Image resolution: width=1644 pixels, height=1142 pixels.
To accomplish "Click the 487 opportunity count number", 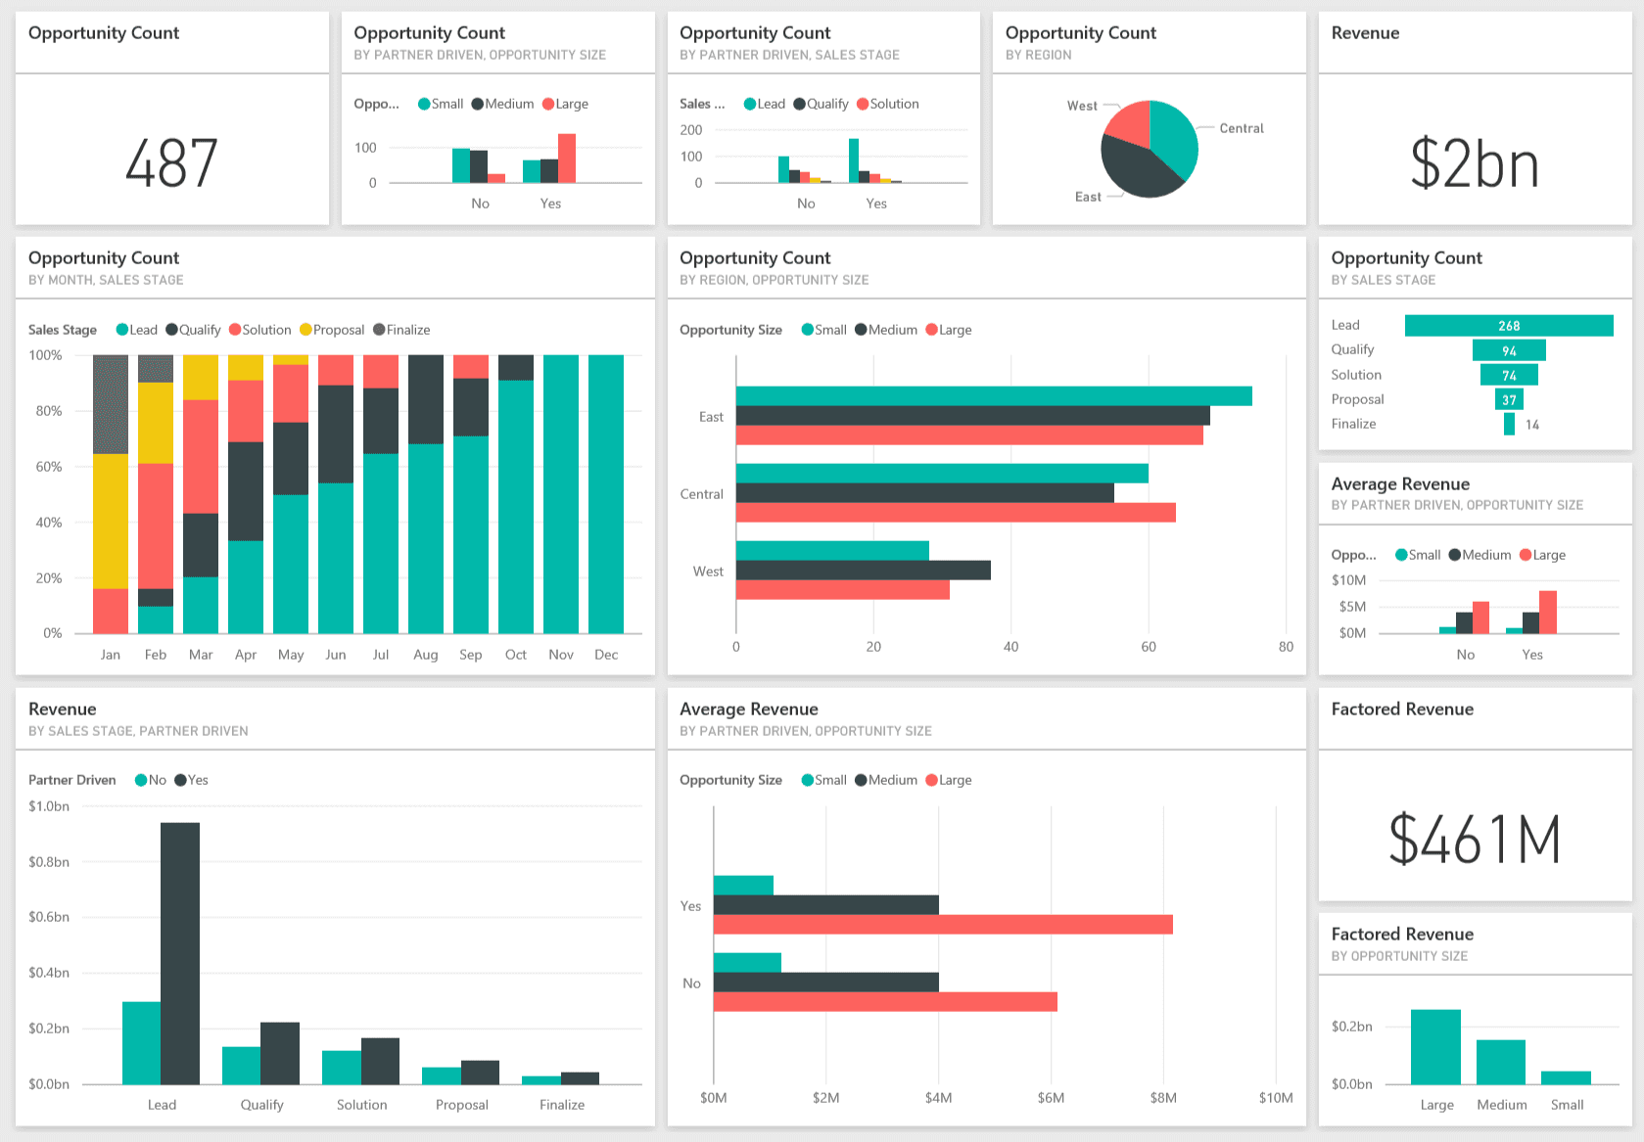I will tap(171, 163).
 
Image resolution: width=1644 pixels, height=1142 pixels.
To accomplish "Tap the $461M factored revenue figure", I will tap(1475, 840).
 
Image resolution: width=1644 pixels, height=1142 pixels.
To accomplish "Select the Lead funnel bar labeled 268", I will tap(1508, 326).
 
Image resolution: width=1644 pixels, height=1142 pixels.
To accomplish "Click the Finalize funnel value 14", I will tap(1531, 425).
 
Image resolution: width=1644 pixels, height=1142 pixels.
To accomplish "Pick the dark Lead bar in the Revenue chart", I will tap(180, 953).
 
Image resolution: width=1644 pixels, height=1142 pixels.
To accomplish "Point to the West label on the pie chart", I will tap(1081, 106).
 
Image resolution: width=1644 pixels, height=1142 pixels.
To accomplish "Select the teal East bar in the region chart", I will tap(993, 396).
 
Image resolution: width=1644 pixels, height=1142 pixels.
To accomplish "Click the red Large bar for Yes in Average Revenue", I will tap(942, 925).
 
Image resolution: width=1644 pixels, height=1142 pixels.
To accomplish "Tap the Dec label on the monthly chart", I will tap(606, 655).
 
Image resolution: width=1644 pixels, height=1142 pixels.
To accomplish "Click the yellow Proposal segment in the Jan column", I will tap(111, 521).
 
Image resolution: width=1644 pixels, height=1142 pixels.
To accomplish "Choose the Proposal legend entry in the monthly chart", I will tap(332, 330).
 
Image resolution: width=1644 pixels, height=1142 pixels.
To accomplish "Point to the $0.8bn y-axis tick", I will tap(49, 862).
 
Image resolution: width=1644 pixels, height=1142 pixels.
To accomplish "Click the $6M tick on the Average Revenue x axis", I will tap(1051, 1098).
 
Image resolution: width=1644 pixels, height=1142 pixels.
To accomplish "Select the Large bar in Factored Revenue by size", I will tap(1435, 1047).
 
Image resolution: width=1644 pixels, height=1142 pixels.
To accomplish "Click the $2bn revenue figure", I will tap(1475, 163).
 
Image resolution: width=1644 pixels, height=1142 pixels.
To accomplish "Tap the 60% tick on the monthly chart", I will tap(49, 467).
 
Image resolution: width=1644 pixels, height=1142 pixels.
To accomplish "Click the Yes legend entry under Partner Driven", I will tap(192, 780).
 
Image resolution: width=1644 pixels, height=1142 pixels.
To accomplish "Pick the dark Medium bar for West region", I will tap(863, 571).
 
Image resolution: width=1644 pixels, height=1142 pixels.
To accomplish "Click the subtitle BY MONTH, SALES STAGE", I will tap(106, 280).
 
